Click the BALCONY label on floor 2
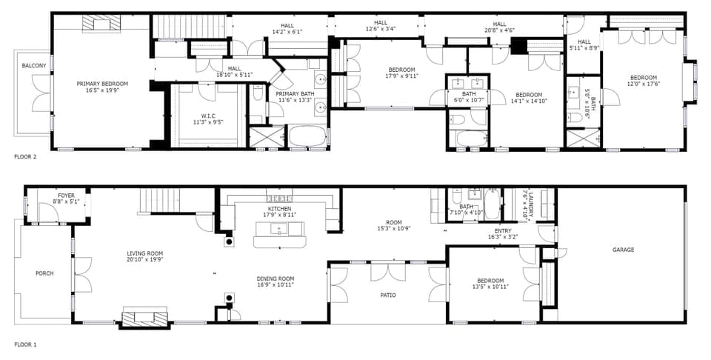click(x=33, y=66)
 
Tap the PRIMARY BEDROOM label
click(x=102, y=84)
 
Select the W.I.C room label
click(x=207, y=116)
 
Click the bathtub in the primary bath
click(x=306, y=137)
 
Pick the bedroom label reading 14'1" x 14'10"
click(x=529, y=95)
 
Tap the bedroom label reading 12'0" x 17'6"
click(x=643, y=78)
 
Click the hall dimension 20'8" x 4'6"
click(x=499, y=30)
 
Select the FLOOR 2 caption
click(x=25, y=157)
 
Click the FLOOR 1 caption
click(x=25, y=344)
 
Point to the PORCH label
click(x=44, y=273)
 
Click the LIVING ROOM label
click(x=144, y=253)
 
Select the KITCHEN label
click(x=279, y=210)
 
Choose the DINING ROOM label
click(x=276, y=279)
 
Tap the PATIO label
click(x=387, y=295)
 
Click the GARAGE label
click(x=623, y=250)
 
